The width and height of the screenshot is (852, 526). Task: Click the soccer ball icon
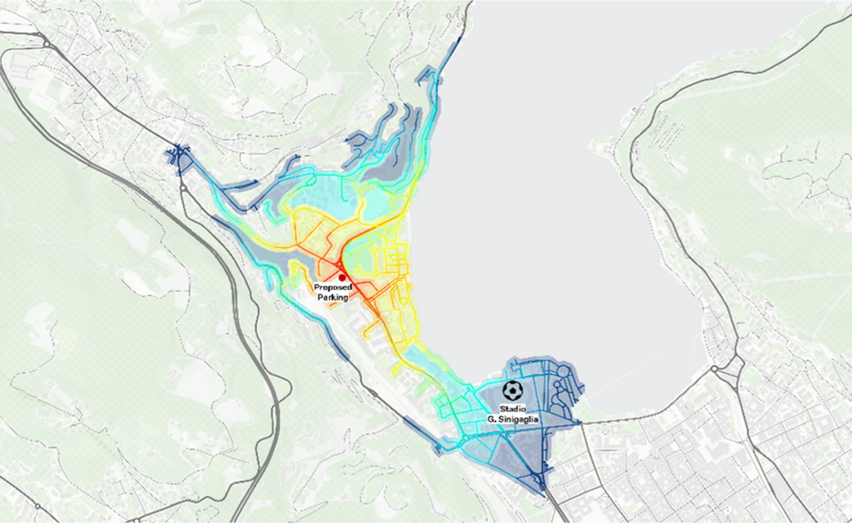(x=513, y=391)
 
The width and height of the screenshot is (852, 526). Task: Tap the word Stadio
(x=513, y=409)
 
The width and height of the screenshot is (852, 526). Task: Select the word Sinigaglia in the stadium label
(x=518, y=419)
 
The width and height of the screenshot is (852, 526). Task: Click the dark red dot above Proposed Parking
(x=342, y=278)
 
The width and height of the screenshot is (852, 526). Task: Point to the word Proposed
(x=333, y=288)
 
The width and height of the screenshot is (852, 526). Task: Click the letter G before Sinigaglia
(x=491, y=419)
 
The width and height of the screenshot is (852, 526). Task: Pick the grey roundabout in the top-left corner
(x=47, y=44)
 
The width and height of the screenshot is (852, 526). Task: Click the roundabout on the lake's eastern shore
(x=715, y=369)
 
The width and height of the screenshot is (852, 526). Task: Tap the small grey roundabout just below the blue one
(x=182, y=187)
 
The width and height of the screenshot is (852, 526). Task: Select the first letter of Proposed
(x=317, y=288)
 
